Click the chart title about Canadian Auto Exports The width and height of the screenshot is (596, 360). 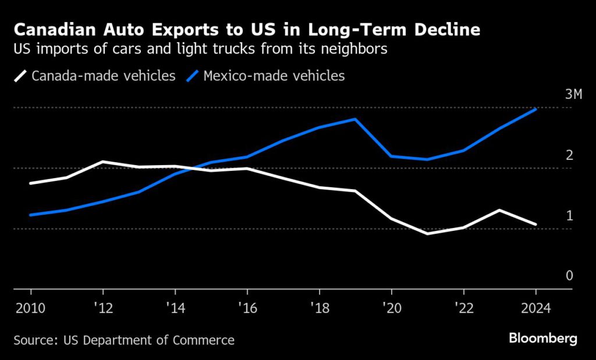[247, 30]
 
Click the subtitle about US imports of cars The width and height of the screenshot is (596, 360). [200, 49]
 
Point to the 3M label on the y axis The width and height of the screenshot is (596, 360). [573, 95]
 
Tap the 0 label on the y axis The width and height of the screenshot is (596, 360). [570, 276]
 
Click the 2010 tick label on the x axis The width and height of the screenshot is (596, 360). [30, 306]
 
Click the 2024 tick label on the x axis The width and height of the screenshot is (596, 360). [535, 306]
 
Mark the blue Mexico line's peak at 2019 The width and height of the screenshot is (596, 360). [355, 119]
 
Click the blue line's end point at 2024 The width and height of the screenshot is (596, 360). [535, 109]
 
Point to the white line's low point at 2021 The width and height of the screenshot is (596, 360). [427, 234]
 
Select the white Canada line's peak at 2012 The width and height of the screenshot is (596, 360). [102, 162]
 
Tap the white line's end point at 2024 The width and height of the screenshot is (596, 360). [535, 224]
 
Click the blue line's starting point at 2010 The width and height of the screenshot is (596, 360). [30, 215]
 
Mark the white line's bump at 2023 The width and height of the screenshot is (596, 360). [499, 210]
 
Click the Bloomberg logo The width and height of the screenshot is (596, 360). [542, 338]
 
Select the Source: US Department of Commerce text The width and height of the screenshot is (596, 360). [124, 340]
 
